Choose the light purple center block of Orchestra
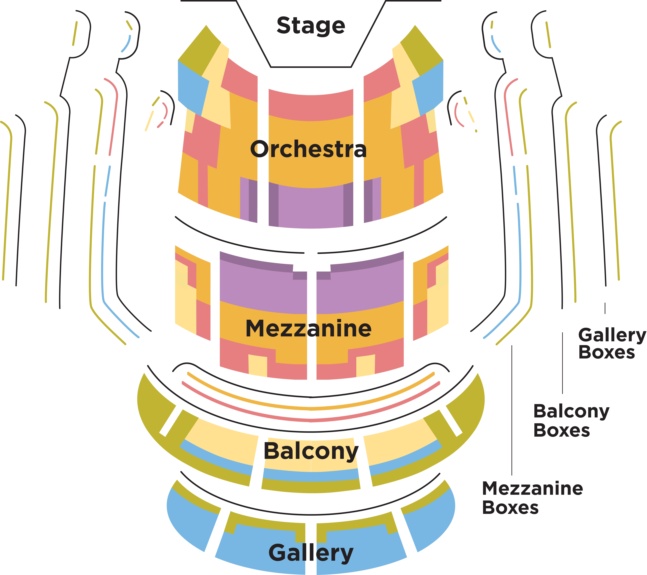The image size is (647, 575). [311, 208]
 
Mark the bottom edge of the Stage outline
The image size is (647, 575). [311, 67]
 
